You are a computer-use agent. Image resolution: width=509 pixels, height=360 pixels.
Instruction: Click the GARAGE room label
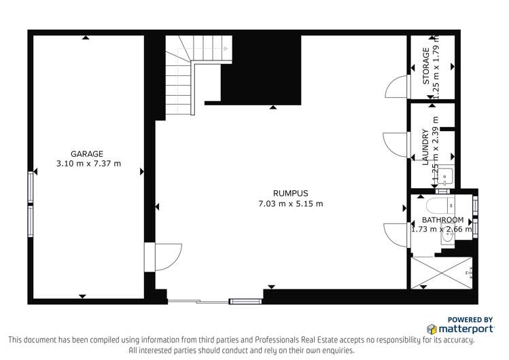[x=86, y=154]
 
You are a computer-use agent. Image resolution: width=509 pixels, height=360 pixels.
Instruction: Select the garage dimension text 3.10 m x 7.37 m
[x=86, y=163]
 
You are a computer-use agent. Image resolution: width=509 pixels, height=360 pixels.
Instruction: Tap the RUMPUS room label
[x=290, y=193]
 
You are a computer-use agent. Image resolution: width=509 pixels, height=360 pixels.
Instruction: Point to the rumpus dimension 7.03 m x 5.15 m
[x=290, y=203]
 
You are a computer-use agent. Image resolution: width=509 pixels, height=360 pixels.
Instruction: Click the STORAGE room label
[x=426, y=66]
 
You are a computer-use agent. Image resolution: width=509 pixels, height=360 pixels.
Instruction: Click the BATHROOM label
[x=442, y=220]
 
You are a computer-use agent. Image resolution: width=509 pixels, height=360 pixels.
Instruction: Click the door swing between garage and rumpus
[x=168, y=257]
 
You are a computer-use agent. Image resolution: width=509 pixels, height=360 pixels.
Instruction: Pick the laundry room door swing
[x=394, y=145]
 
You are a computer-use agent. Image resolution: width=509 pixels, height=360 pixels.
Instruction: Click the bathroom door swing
[x=395, y=235]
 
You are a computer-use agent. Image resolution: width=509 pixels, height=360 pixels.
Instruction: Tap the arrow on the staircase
[x=225, y=48]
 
